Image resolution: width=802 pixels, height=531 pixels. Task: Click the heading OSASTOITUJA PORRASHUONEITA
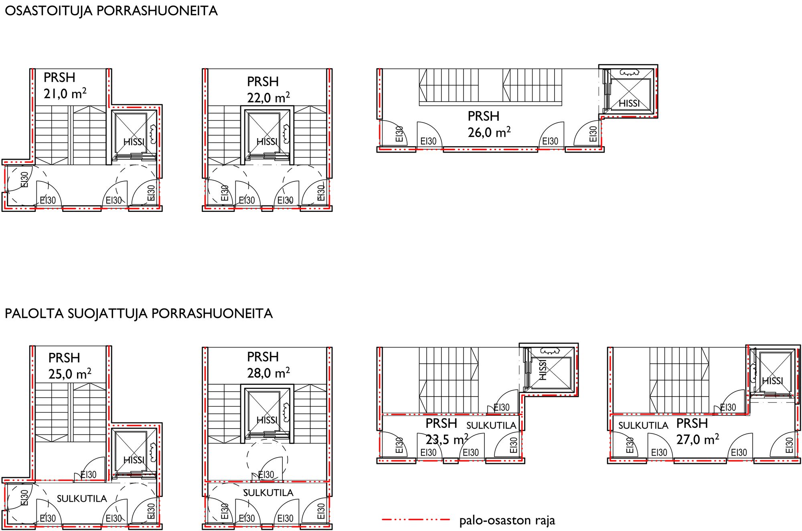[111, 11]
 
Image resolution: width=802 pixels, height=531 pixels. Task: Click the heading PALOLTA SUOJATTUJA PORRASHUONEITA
[138, 313]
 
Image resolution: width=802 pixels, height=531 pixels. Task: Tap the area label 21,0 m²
[65, 94]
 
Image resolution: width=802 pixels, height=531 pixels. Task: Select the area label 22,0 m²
[268, 98]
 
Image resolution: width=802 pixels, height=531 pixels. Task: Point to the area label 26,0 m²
[489, 132]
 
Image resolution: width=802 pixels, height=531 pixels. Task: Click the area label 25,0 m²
[70, 374]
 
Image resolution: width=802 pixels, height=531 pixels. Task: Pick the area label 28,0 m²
[268, 373]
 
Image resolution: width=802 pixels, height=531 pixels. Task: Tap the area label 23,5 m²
[447, 439]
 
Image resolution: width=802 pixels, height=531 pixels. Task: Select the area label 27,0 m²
[698, 439]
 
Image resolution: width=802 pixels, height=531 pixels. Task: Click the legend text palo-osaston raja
[507, 521]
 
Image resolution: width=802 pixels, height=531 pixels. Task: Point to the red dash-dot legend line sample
[416, 520]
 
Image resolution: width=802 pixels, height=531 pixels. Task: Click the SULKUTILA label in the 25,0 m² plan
[82, 498]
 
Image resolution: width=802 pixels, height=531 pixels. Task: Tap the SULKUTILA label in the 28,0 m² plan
[268, 492]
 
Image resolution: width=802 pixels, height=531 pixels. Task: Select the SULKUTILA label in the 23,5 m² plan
[491, 425]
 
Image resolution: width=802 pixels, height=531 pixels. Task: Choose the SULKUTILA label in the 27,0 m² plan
[643, 425]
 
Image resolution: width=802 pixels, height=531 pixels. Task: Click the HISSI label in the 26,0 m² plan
[629, 104]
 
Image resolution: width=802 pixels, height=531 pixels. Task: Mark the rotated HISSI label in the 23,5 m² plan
[543, 370]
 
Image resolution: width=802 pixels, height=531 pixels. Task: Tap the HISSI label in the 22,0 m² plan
[267, 142]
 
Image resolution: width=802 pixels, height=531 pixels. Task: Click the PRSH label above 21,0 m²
[59, 77]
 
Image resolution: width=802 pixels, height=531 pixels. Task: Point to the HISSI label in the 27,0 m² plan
[772, 381]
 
